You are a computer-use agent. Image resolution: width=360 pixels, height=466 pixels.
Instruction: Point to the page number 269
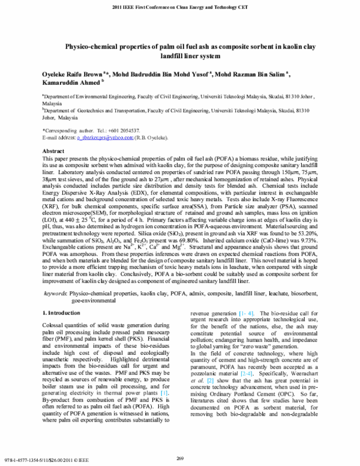[x=180, y=459]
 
